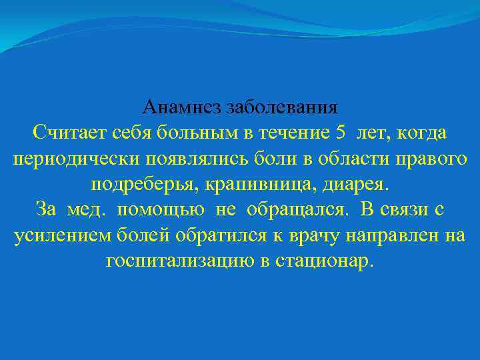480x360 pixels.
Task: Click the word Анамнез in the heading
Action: (x=182, y=107)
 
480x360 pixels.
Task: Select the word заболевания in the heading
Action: (x=282, y=107)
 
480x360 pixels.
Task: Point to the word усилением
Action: (x=56, y=236)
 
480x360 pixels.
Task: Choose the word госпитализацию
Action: (x=178, y=261)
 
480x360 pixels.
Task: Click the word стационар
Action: (x=327, y=261)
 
